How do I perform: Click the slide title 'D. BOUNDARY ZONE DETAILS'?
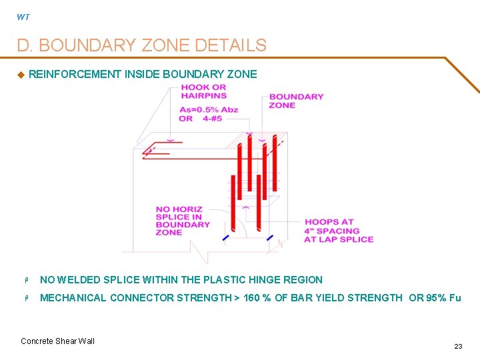click(x=141, y=45)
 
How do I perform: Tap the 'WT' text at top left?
click(x=23, y=17)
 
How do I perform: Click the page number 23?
click(x=458, y=346)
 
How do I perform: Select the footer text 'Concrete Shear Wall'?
click(x=57, y=341)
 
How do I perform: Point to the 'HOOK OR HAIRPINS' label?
click(x=203, y=91)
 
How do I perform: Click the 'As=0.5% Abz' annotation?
click(x=208, y=109)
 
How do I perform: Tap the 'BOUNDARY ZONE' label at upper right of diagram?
click(x=296, y=101)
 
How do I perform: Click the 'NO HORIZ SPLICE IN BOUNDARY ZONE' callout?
click(x=183, y=220)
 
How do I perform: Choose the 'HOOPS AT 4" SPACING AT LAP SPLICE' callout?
click(x=338, y=231)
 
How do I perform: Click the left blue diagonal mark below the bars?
click(x=225, y=237)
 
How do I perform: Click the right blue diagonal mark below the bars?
click(x=269, y=237)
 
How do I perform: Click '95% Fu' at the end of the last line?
click(x=443, y=298)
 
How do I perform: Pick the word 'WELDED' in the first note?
click(x=77, y=280)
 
